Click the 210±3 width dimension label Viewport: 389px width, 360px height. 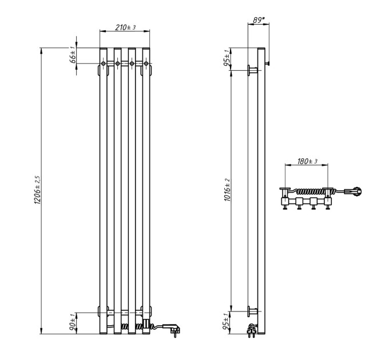125,27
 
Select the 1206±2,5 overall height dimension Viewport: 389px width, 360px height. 37,190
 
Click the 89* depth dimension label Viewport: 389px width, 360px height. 259,20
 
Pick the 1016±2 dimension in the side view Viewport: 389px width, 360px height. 227,190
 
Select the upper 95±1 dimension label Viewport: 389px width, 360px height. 227,58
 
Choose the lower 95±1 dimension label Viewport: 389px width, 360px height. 227,322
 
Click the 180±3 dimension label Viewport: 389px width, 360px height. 307,161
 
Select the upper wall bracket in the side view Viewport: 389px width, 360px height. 252,70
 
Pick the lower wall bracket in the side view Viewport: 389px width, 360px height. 252,311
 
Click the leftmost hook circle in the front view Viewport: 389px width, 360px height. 104,63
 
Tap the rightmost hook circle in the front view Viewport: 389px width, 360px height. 146,63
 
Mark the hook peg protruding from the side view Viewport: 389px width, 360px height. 267,63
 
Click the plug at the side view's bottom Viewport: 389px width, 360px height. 252,330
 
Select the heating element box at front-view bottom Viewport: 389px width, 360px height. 146,324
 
